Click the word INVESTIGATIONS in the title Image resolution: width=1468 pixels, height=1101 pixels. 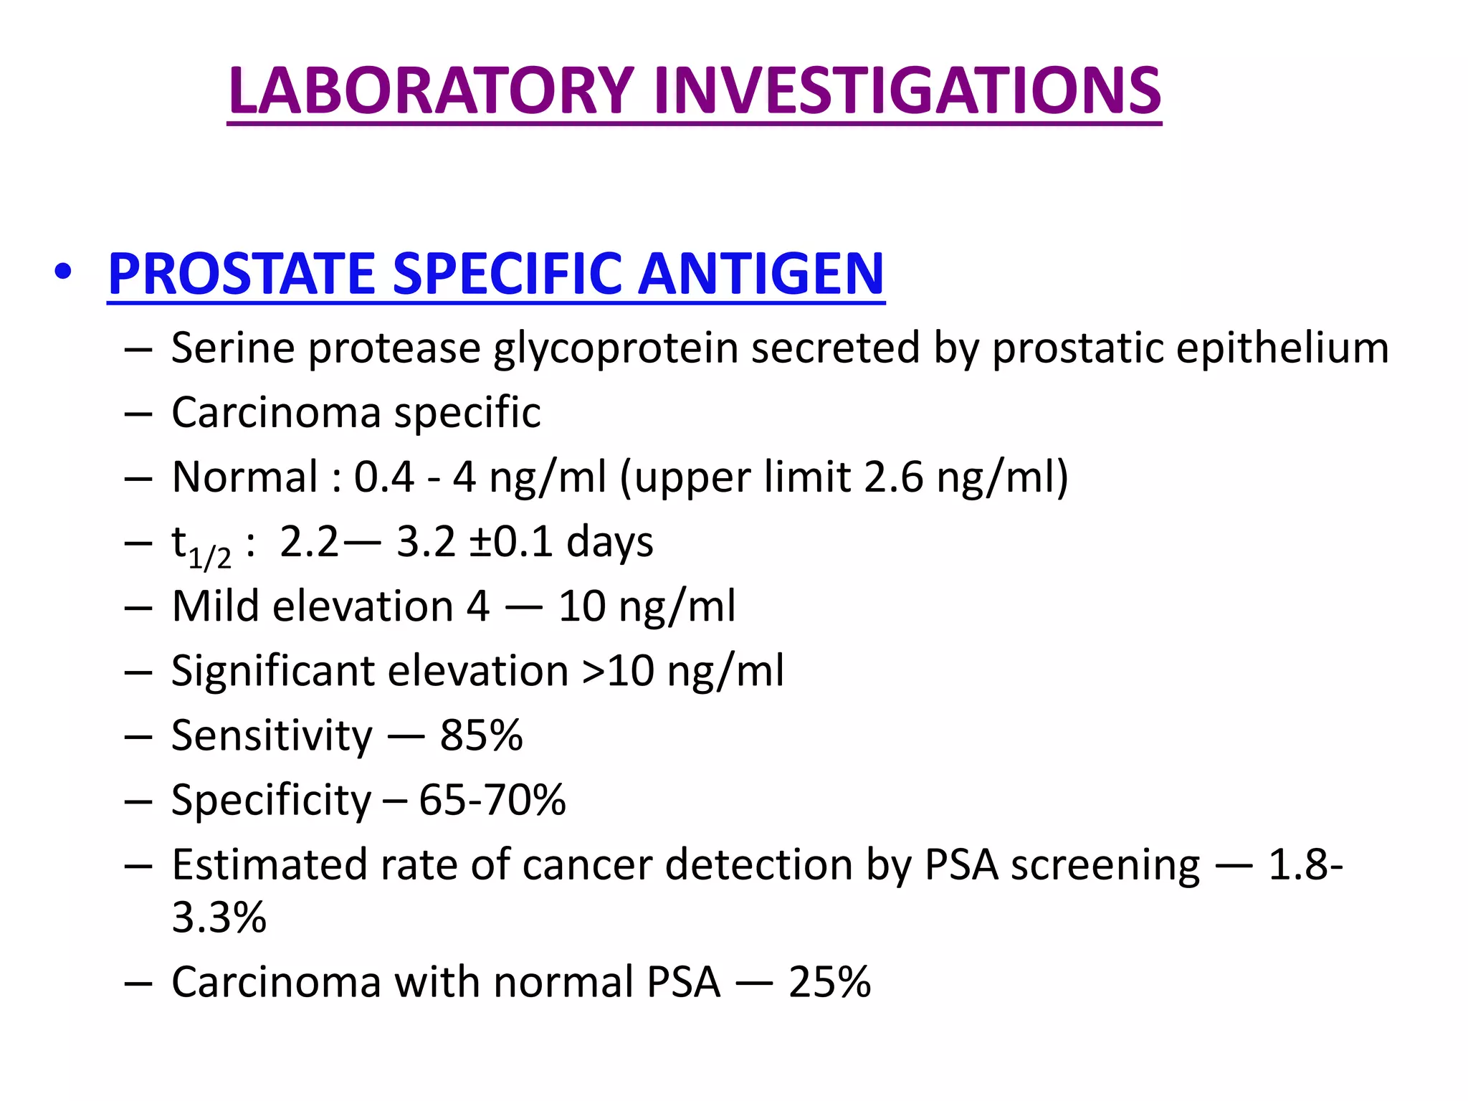[x=907, y=91]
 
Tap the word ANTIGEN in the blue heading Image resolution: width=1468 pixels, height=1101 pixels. [x=761, y=274]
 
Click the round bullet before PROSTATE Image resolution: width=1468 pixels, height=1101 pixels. [x=63, y=272]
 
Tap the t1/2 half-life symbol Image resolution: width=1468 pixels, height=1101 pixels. [x=201, y=546]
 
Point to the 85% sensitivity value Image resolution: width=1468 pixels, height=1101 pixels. [x=481, y=736]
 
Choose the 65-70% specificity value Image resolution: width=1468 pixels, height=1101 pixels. [x=492, y=801]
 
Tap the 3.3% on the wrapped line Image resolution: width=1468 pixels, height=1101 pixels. [x=219, y=917]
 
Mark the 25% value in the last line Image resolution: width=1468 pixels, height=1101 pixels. [x=829, y=982]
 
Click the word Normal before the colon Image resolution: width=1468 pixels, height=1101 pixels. [x=245, y=477]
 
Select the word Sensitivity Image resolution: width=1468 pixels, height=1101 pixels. [x=272, y=736]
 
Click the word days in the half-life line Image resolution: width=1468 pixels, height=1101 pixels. [x=609, y=542]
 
